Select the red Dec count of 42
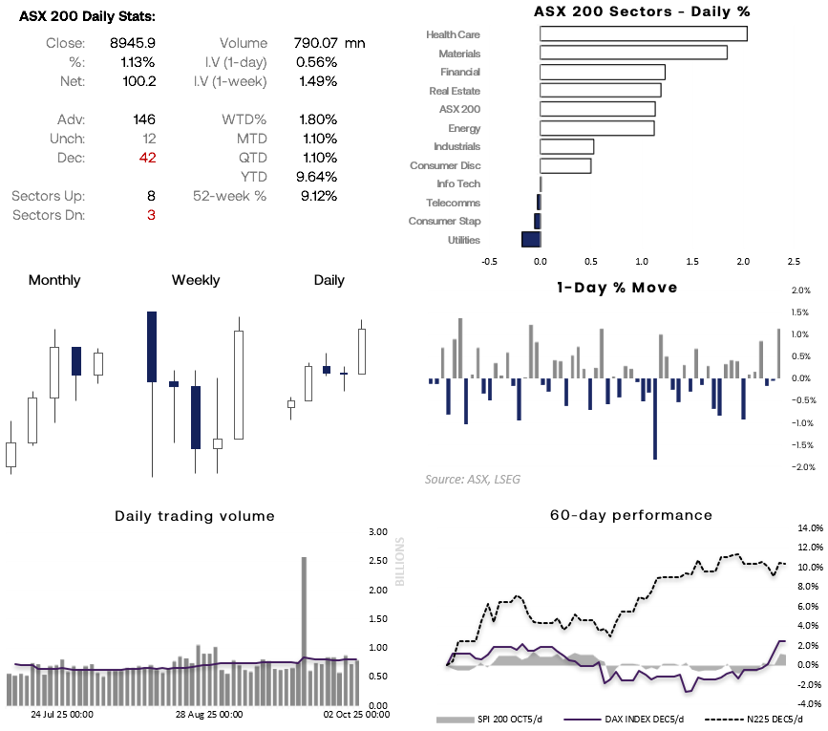click(x=146, y=158)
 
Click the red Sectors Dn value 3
click(x=151, y=215)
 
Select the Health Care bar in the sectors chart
click(x=643, y=34)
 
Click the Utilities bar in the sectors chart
click(x=530, y=240)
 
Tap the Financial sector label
click(x=460, y=72)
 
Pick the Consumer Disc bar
click(x=565, y=165)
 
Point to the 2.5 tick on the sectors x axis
click(x=794, y=260)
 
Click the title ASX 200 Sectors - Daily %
click(x=641, y=11)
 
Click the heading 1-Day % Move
click(x=617, y=287)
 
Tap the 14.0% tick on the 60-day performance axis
click(x=809, y=527)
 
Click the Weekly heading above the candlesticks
click(x=196, y=280)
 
